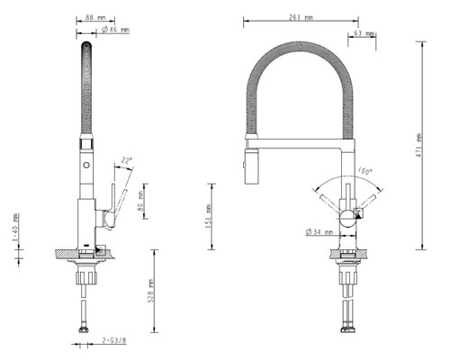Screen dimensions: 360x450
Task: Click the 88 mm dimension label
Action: [x=92, y=16]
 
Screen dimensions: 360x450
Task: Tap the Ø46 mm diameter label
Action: [x=114, y=30]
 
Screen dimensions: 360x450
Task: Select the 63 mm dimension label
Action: [x=365, y=33]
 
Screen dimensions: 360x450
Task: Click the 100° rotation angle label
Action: [x=364, y=170]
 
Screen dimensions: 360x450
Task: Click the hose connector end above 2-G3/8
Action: [x=85, y=329]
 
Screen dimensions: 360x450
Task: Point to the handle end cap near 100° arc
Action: [x=356, y=212]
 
